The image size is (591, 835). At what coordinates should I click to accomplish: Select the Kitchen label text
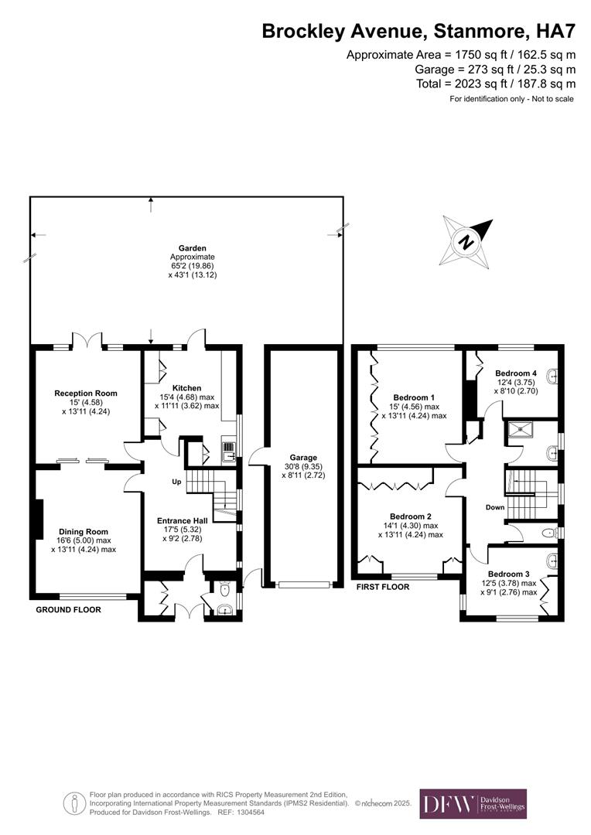(187, 388)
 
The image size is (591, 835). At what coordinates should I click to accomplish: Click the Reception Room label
(86, 394)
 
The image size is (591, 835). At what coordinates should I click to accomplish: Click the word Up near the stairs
(176, 482)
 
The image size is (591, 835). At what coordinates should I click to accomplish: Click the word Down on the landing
(495, 508)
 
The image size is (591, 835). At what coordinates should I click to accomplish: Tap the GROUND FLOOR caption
(68, 610)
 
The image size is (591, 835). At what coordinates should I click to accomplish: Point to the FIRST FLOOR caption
(382, 588)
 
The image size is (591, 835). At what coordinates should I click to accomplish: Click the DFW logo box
(473, 804)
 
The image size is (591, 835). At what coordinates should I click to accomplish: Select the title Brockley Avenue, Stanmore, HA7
(418, 31)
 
